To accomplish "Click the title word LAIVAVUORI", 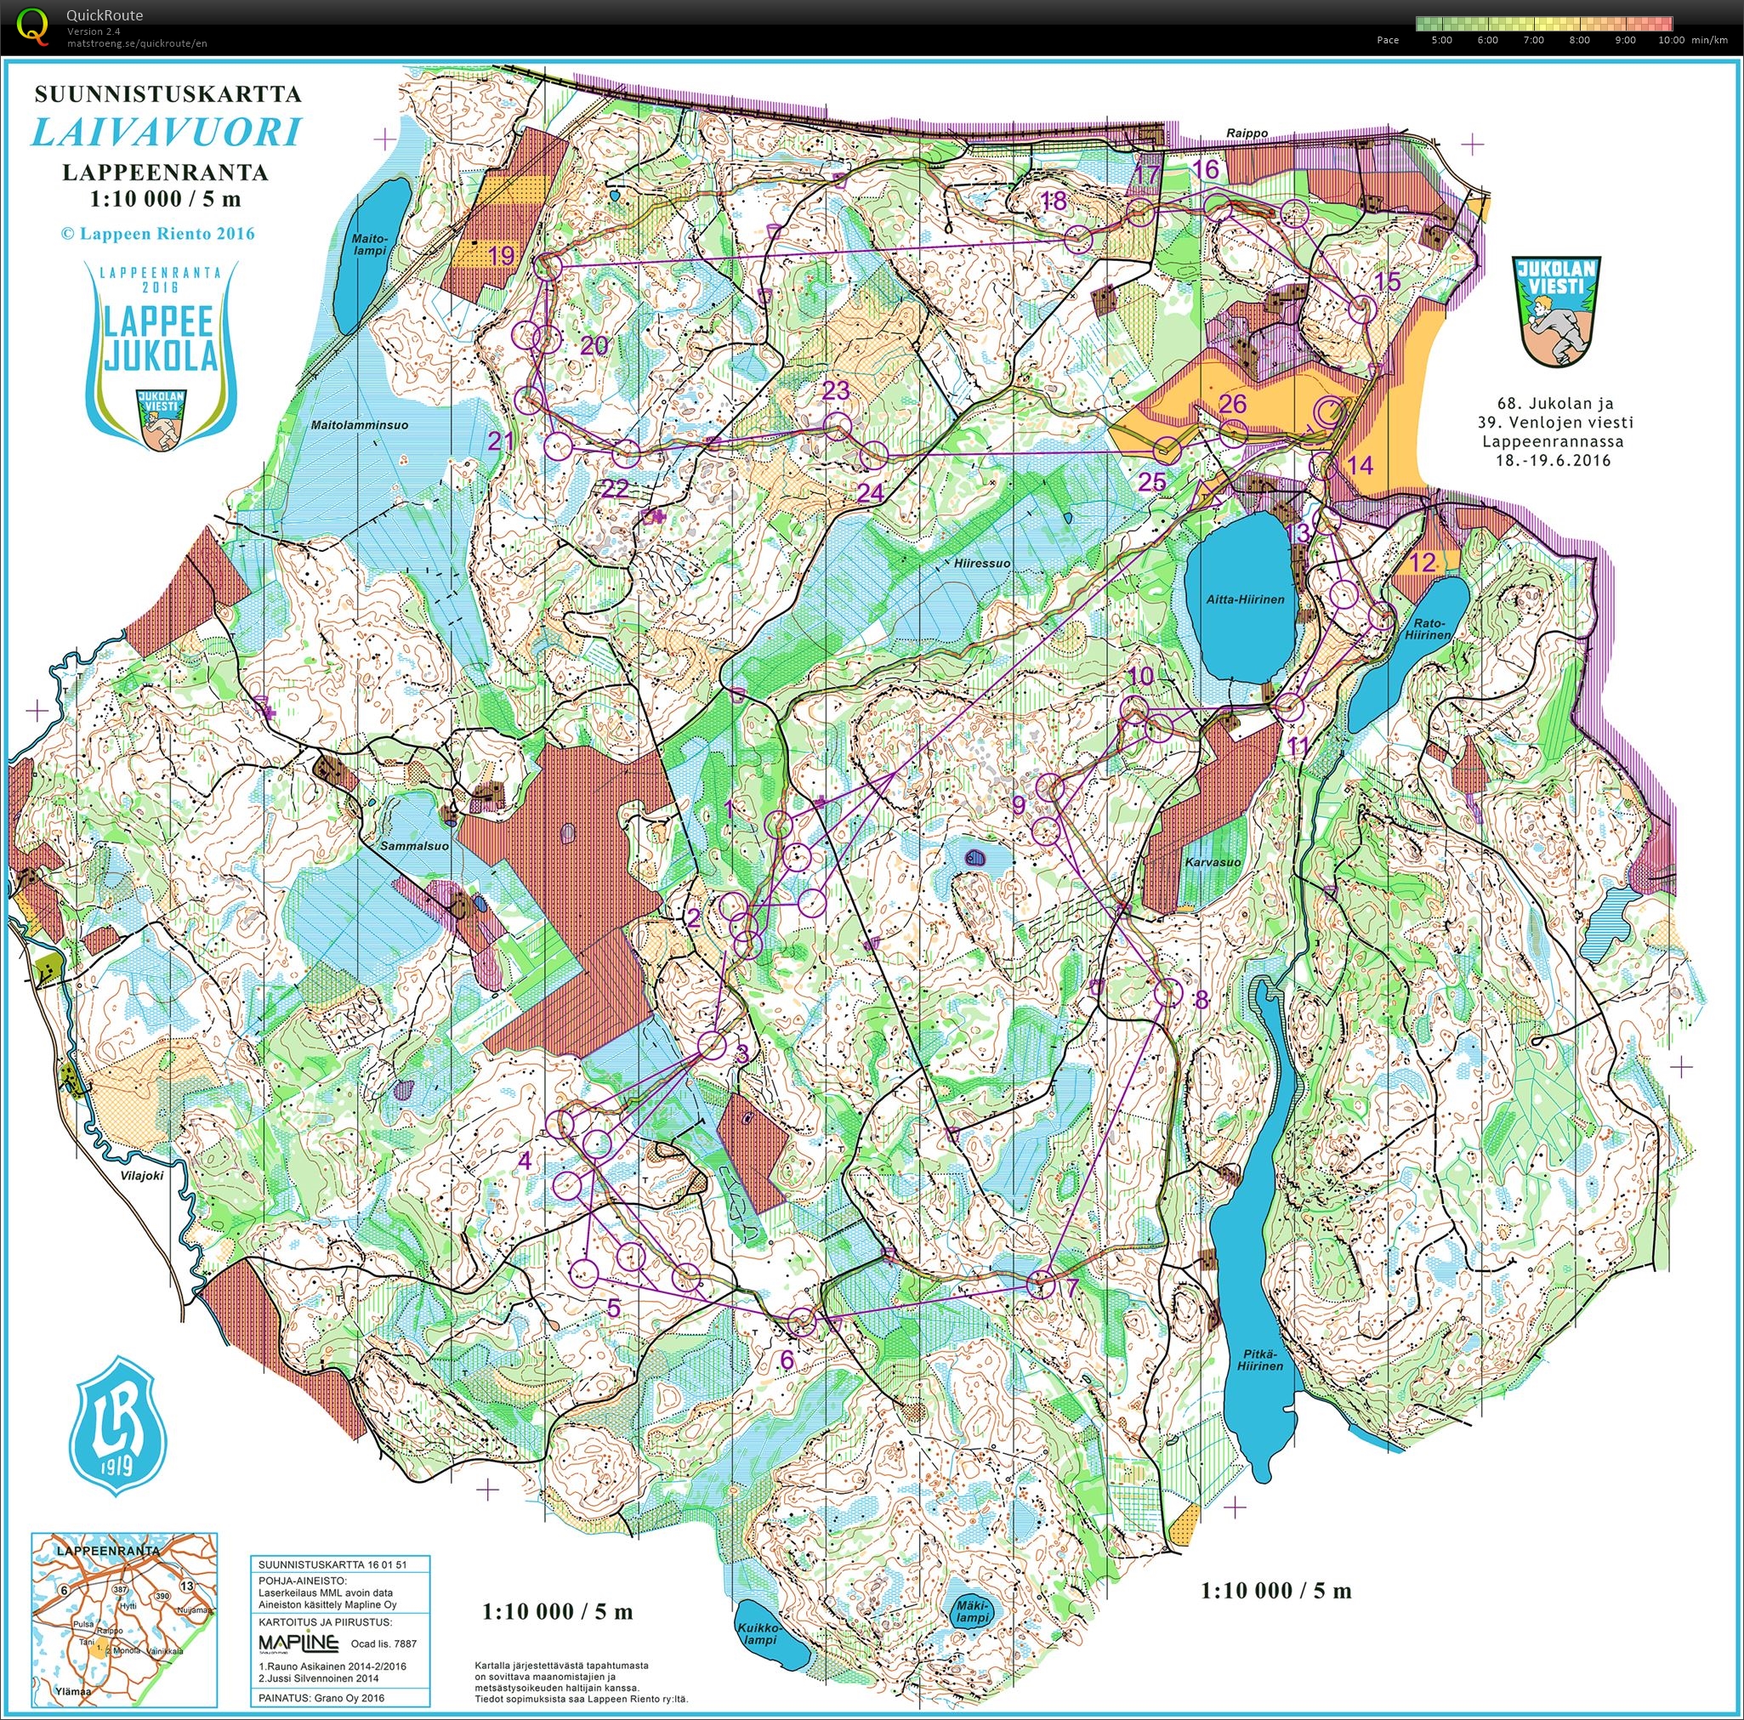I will tap(166, 133).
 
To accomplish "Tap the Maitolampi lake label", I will tap(369, 244).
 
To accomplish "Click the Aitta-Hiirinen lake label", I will tap(1245, 599).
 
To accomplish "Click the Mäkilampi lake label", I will tap(973, 1611).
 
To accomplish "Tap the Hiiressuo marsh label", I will tap(982, 563).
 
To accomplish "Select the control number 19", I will tap(502, 255).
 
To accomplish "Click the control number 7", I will tap(1071, 1288).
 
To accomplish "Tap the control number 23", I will tap(836, 390).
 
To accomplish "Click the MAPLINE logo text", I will tap(298, 1643).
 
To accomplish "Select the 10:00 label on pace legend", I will tap(1670, 40).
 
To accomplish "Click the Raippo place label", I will tap(1246, 133).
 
